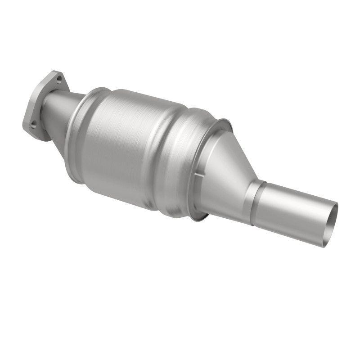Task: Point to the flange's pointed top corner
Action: click(x=54, y=72)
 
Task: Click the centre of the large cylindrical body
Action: click(x=130, y=144)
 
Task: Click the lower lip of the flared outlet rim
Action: click(x=198, y=218)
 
